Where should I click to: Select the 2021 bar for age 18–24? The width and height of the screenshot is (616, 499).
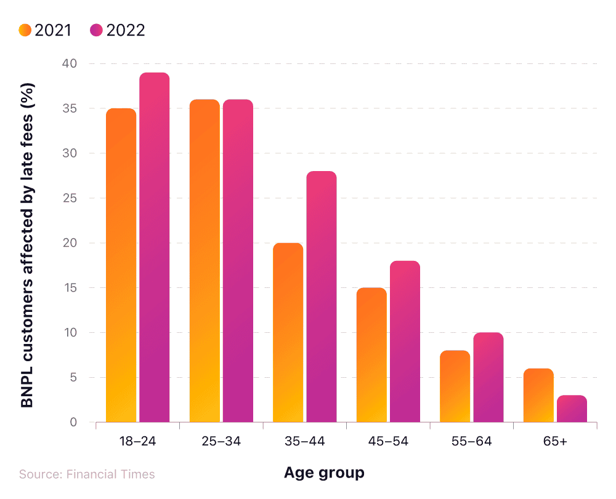click(x=121, y=265)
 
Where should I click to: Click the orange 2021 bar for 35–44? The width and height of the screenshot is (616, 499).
click(x=288, y=332)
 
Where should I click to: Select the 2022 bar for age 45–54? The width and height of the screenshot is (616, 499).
click(x=405, y=341)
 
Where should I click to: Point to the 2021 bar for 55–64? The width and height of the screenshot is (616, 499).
click(x=455, y=386)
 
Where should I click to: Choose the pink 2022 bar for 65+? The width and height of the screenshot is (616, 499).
click(x=572, y=409)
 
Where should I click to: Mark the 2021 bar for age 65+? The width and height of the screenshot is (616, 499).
click(x=538, y=395)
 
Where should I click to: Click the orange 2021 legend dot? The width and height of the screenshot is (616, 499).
click(x=25, y=30)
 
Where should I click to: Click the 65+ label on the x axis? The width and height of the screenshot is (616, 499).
click(x=555, y=441)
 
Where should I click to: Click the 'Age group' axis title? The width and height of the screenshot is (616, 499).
click(x=324, y=473)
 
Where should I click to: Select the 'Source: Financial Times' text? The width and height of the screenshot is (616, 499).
click(x=87, y=474)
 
